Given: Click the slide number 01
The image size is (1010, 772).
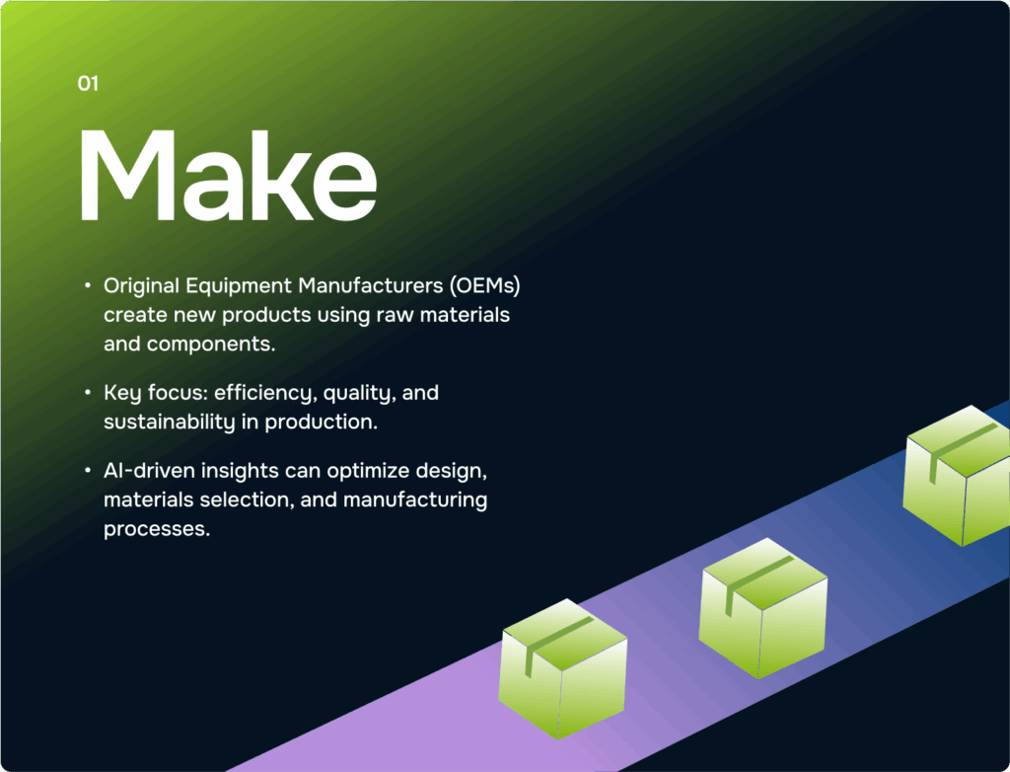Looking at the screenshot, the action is click(x=88, y=83).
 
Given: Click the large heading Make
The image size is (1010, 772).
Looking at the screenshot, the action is click(x=228, y=176).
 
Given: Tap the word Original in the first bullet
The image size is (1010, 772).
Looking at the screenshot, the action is click(x=142, y=285).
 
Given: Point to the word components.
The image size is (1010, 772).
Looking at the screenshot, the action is click(x=211, y=345).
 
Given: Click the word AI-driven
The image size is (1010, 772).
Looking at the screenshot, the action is click(x=150, y=471).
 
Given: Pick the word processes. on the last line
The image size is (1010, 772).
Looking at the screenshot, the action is click(x=157, y=529).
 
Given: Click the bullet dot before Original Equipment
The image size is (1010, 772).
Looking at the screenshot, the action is click(x=88, y=284).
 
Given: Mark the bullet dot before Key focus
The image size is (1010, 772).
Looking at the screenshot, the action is click(x=88, y=392).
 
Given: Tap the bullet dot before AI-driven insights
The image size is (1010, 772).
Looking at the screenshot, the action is click(x=88, y=470).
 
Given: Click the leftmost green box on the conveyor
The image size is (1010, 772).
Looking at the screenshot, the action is click(x=562, y=668).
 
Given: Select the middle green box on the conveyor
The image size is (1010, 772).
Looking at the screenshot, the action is click(x=763, y=607).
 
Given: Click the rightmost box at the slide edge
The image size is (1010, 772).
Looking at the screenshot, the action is click(x=957, y=475).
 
